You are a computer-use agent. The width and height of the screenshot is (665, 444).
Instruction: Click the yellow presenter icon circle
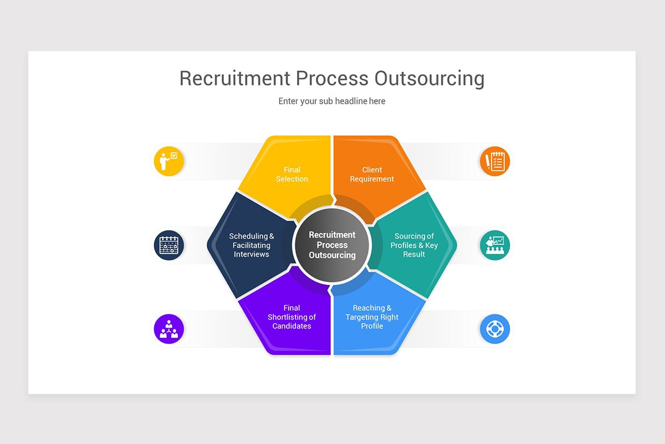pos(169,161)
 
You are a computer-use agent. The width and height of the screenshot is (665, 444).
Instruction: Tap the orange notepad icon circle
pos(495,161)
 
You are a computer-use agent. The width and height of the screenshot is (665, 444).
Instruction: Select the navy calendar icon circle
pos(169,245)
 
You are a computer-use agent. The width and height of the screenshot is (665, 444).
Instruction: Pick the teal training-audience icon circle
pos(495,245)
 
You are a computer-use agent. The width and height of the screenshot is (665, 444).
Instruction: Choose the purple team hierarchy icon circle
pos(169,329)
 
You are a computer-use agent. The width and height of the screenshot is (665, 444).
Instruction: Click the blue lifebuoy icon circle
pos(495,329)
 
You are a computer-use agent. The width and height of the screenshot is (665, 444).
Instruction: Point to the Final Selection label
pos(292,174)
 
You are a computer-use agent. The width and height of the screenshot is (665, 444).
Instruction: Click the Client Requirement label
pos(372,174)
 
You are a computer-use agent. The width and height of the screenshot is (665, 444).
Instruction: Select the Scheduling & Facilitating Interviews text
pos(252,245)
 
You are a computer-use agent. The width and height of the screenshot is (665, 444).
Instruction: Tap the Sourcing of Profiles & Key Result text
pos(414,245)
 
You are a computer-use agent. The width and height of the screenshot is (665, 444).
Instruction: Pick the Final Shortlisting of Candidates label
pos(291,317)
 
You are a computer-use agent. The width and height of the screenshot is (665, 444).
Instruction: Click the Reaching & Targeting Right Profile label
pos(372,317)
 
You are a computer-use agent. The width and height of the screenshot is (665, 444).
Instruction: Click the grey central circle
pos(332,245)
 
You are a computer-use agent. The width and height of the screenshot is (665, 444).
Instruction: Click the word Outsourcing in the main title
pos(429,78)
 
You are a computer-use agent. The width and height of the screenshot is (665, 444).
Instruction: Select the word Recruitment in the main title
pos(235,78)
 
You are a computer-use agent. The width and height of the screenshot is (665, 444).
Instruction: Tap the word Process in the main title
pos(332,78)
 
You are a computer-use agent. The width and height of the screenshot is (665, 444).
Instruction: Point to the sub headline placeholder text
pos(332,101)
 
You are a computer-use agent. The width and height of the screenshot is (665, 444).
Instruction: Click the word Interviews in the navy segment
pos(252,254)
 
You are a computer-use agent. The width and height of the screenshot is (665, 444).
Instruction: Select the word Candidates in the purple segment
pos(291,326)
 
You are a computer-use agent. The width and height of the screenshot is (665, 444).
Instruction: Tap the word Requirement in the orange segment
pos(372,179)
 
